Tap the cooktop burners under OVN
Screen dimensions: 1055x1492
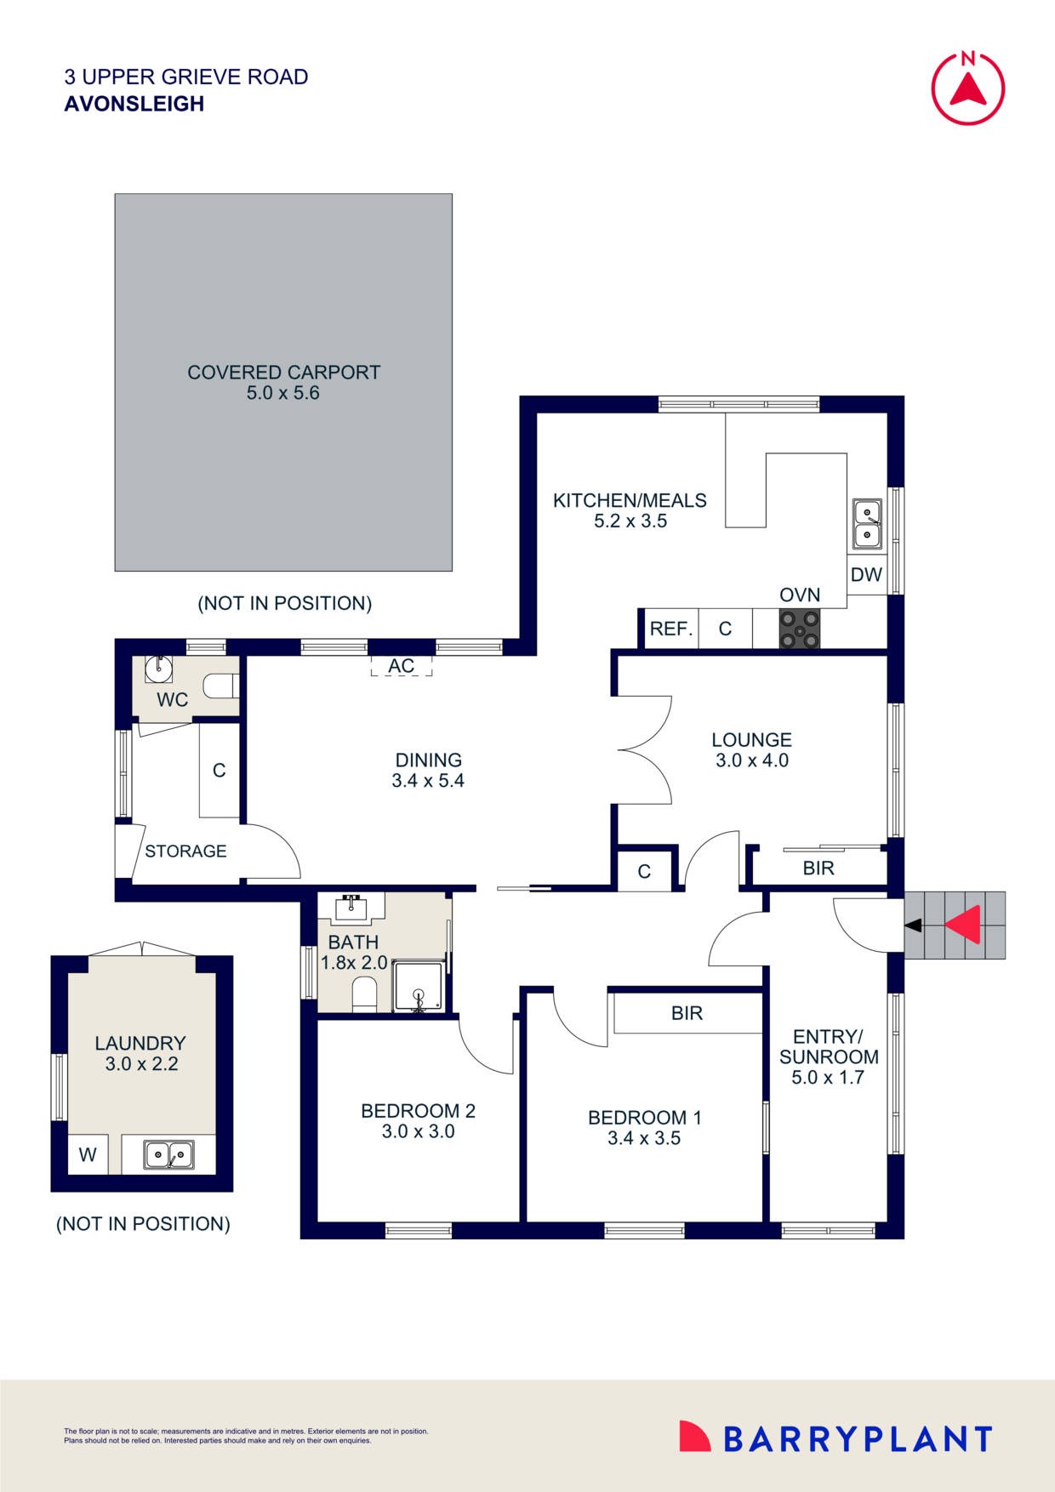(800, 629)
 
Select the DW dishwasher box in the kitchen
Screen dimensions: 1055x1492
(867, 574)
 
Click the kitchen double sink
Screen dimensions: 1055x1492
(867, 524)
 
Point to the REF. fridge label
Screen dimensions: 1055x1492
(671, 629)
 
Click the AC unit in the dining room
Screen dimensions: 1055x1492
(402, 665)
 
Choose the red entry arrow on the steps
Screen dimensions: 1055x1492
(963, 925)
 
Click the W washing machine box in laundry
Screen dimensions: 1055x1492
(88, 1154)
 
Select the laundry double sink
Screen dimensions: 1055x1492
(169, 1154)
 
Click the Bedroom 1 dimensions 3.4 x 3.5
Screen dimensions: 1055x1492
(644, 1138)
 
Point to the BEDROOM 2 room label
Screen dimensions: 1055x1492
(418, 1111)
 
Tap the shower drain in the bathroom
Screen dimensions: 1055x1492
(418, 994)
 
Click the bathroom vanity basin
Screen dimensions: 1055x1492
(351, 908)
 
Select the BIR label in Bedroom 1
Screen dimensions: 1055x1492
(687, 1013)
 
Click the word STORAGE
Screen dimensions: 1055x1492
(185, 851)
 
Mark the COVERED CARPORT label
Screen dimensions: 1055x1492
(283, 373)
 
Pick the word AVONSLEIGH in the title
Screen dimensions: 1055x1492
(134, 104)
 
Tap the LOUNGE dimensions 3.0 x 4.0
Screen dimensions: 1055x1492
(752, 760)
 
